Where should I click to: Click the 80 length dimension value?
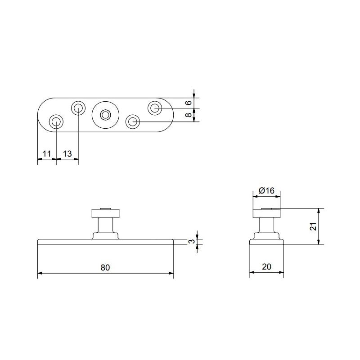point(105,267)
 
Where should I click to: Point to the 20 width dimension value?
point(266,267)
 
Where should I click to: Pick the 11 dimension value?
point(46,154)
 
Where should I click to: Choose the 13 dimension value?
point(67,154)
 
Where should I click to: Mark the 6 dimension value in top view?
point(189,103)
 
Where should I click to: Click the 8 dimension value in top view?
point(189,115)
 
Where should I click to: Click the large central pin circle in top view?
point(105,115)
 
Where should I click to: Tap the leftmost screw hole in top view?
point(56,121)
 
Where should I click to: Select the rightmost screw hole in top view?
point(155,108)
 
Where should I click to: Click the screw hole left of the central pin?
point(78,108)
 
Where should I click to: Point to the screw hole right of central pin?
point(133,121)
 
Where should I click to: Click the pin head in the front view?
point(105,213)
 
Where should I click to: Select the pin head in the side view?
point(266,213)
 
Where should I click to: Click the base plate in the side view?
point(266,242)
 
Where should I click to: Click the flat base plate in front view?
point(105,242)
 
